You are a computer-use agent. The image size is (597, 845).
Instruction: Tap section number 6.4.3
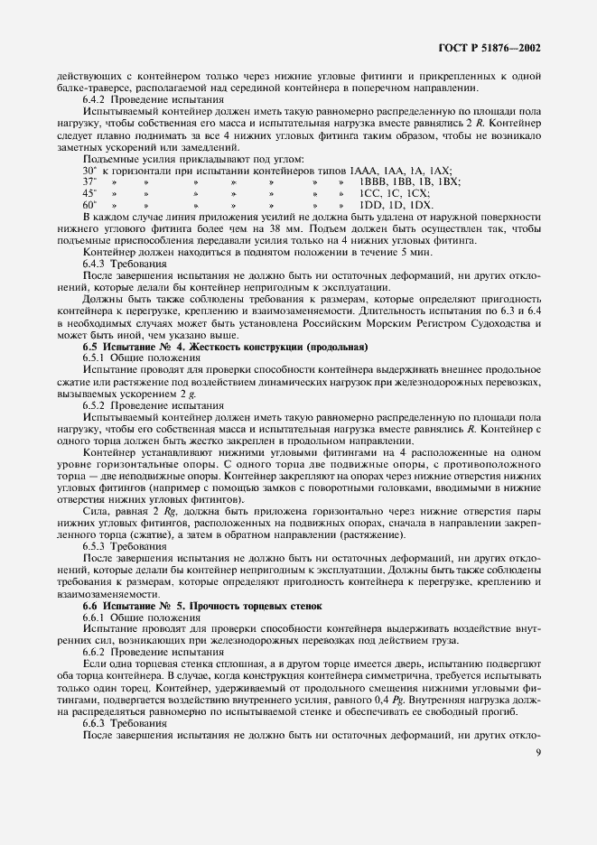coord(97,264)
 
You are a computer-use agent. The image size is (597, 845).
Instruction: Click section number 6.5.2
coord(97,405)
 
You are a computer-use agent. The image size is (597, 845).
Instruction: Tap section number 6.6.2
coord(97,652)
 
